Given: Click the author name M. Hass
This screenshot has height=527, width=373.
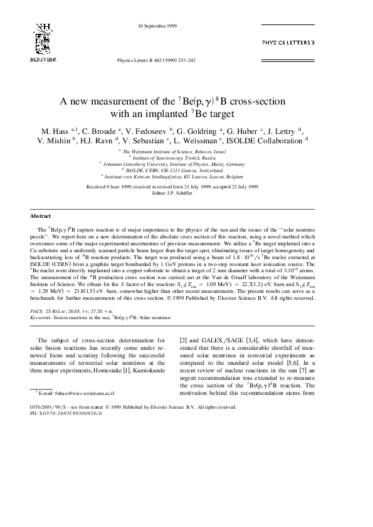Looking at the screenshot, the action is pos(55,132).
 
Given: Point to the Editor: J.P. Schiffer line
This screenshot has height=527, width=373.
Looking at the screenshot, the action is pos(186,192).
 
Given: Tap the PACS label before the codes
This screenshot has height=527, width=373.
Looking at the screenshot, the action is pos(36,310).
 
